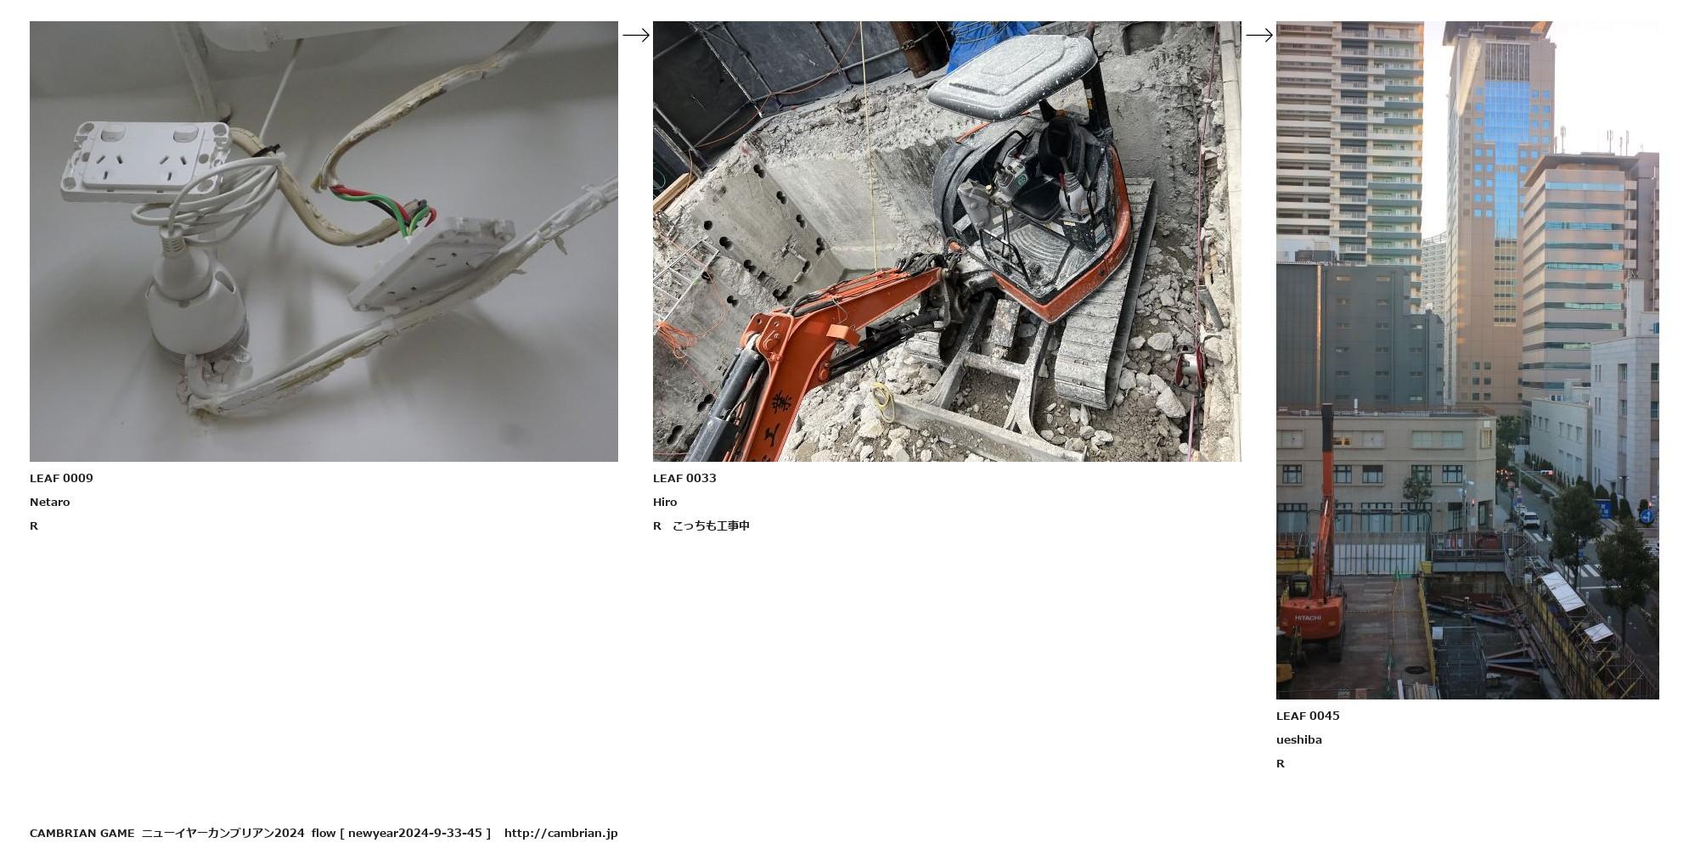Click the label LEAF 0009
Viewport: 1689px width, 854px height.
click(x=61, y=478)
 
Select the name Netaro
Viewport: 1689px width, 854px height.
click(x=50, y=502)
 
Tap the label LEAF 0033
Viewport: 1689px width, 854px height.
click(x=684, y=478)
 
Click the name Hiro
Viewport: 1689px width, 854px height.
click(x=665, y=502)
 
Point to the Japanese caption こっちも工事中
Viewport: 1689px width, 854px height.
click(x=711, y=525)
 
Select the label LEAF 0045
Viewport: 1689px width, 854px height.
click(x=1308, y=716)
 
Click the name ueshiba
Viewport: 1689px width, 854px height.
click(x=1299, y=739)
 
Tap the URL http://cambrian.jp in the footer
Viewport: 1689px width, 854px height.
click(x=560, y=833)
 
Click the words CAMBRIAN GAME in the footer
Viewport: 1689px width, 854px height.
click(x=82, y=833)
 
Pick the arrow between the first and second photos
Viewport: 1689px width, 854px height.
click(x=636, y=35)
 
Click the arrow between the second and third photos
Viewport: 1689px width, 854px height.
click(x=1259, y=35)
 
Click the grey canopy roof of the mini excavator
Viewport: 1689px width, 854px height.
click(x=1011, y=74)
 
